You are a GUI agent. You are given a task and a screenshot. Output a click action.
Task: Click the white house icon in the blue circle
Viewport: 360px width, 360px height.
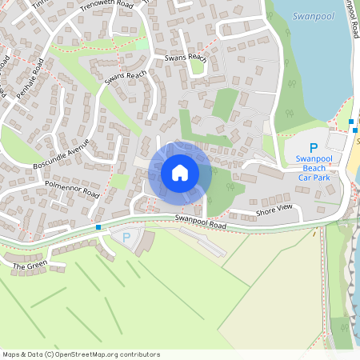click(180, 173)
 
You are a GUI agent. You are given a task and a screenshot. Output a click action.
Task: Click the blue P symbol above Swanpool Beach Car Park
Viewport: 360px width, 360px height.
click(314, 148)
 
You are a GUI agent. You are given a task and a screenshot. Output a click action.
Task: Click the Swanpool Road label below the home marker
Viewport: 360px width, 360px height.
click(201, 220)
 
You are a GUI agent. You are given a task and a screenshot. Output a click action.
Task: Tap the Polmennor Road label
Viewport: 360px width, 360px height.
click(72, 190)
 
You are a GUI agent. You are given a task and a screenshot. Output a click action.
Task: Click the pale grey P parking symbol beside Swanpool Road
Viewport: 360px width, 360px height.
click(126, 237)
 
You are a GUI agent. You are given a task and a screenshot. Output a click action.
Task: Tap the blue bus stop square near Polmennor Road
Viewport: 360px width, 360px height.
click(98, 227)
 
